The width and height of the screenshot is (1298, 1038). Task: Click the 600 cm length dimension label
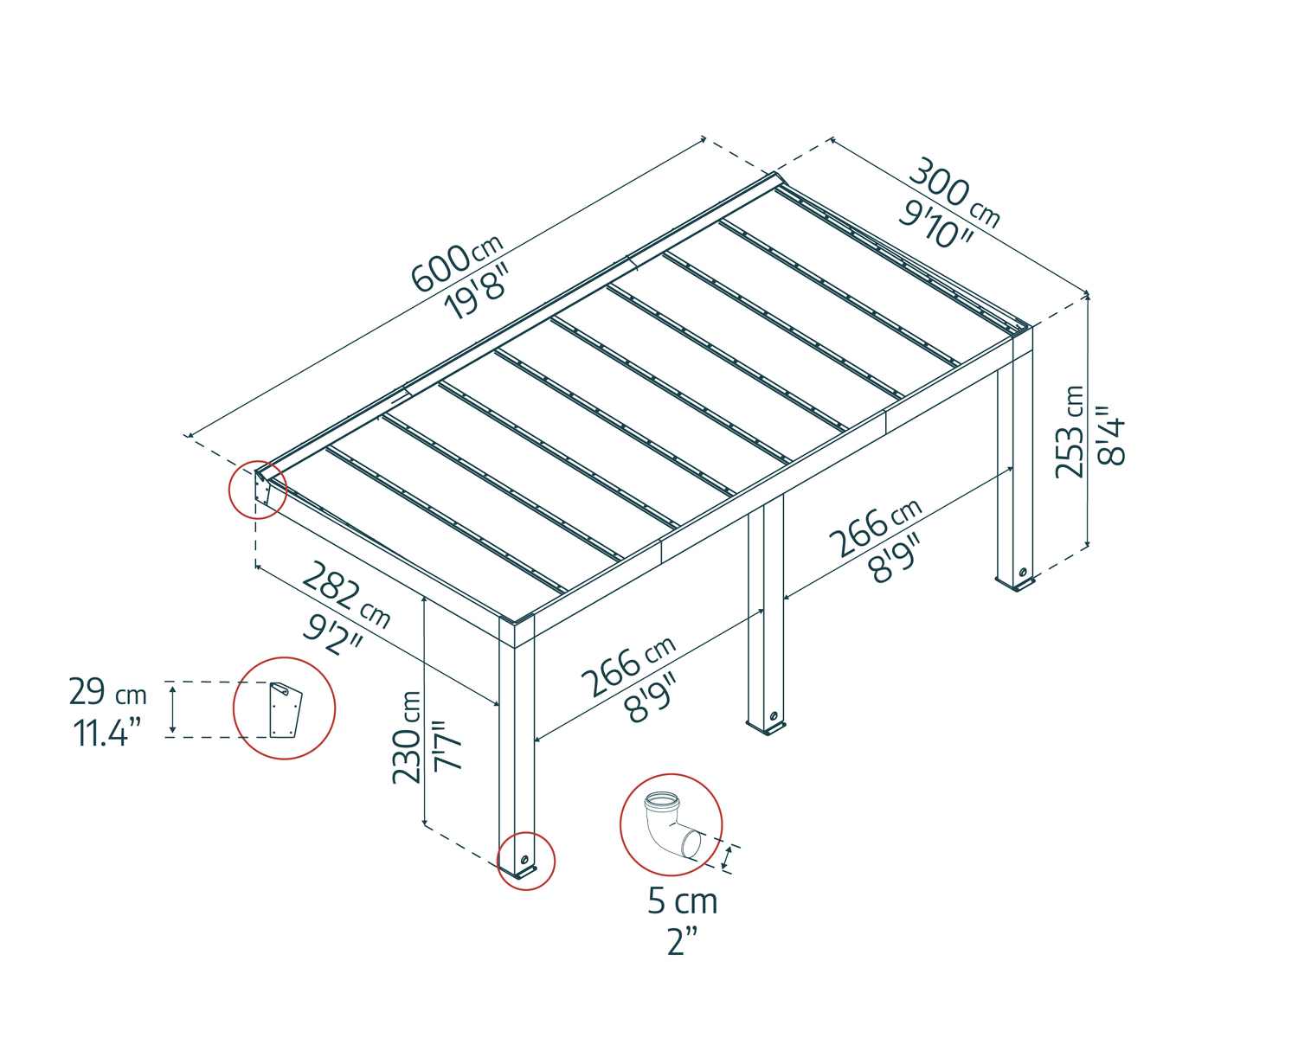point(455,264)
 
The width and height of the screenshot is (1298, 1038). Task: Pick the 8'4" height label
point(1111,436)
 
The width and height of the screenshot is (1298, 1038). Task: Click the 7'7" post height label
point(449,745)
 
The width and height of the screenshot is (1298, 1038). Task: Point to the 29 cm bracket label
point(107,693)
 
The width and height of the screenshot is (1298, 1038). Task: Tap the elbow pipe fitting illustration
point(671,825)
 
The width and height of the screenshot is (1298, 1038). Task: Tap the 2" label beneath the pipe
point(682,940)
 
